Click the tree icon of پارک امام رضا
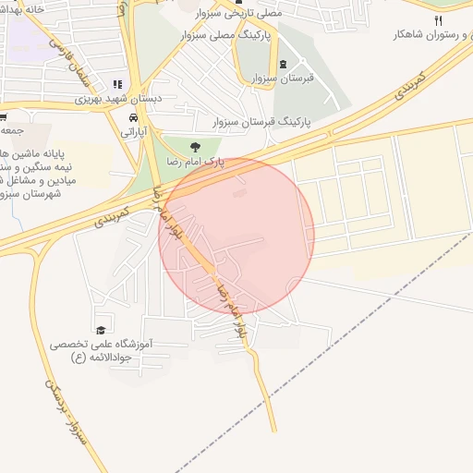(x=194, y=146)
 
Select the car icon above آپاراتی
(x=134, y=119)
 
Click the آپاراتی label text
(x=134, y=133)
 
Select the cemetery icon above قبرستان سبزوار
(x=283, y=65)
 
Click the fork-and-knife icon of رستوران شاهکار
(x=438, y=19)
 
